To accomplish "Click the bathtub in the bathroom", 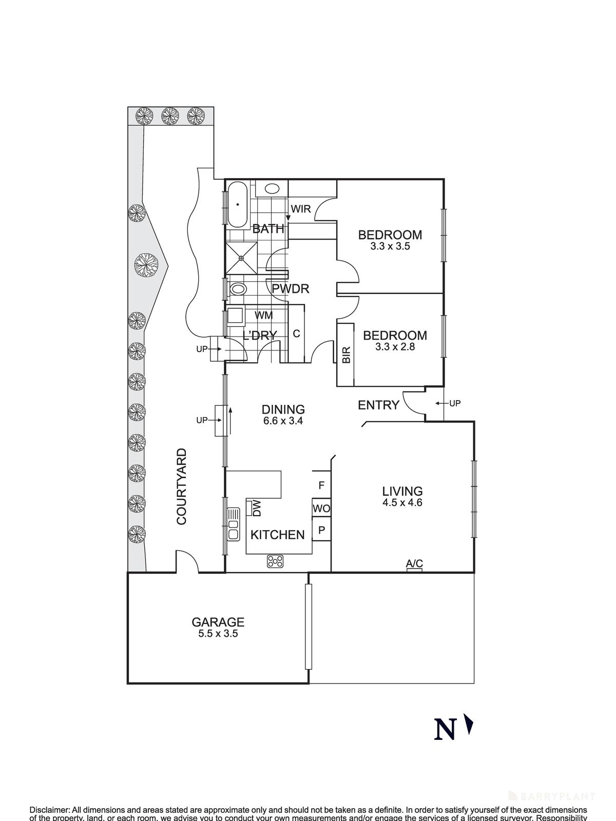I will pos(238,204).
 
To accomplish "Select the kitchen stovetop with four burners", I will pos(275,561).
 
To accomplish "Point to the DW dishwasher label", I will pos(257,508).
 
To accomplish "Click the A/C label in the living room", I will pos(414,563).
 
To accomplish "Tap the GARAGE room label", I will pos(218,622).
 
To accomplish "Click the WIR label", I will pos(301,209).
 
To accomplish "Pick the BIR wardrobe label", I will pos(345,355).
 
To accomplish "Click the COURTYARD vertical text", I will pos(181,486).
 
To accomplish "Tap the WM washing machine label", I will pos(263,315).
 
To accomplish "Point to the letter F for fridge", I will pos(321,485).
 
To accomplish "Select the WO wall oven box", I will pos(321,509).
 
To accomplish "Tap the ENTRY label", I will pos(378,405).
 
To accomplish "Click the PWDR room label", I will pos(291,289).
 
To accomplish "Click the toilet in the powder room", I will pos(238,289).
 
